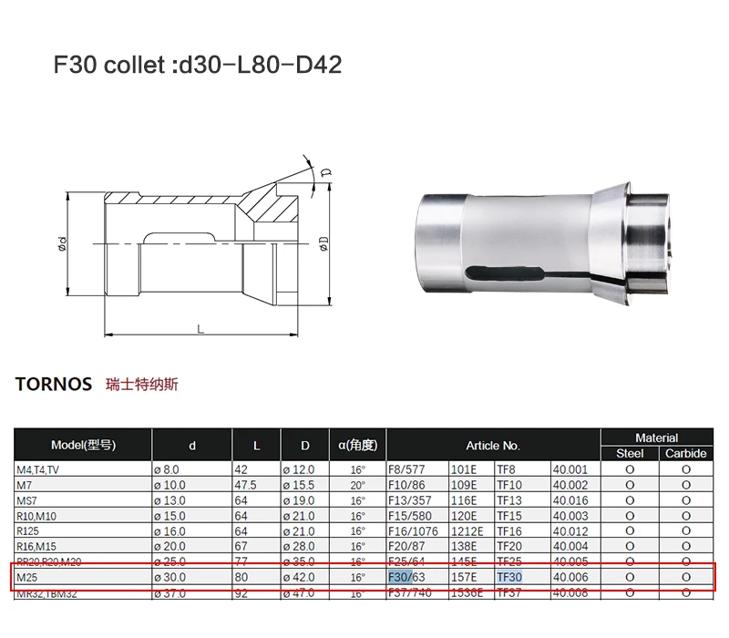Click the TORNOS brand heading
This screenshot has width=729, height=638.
click(x=54, y=384)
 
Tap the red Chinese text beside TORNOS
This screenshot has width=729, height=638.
click(x=142, y=384)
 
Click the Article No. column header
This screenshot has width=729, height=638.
click(x=493, y=446)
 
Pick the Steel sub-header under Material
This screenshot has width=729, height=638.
click(x=630, y=453)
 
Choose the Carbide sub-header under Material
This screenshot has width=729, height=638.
click(x=685, y=453)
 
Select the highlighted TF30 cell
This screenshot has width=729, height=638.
click(x=509, y=578)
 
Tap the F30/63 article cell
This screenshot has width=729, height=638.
click(x=406, y=578)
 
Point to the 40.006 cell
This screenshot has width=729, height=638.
click(x=571, y=578)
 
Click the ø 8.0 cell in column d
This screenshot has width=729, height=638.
click(x=173, y=469)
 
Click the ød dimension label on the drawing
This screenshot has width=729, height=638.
click(x=62, y=243)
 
